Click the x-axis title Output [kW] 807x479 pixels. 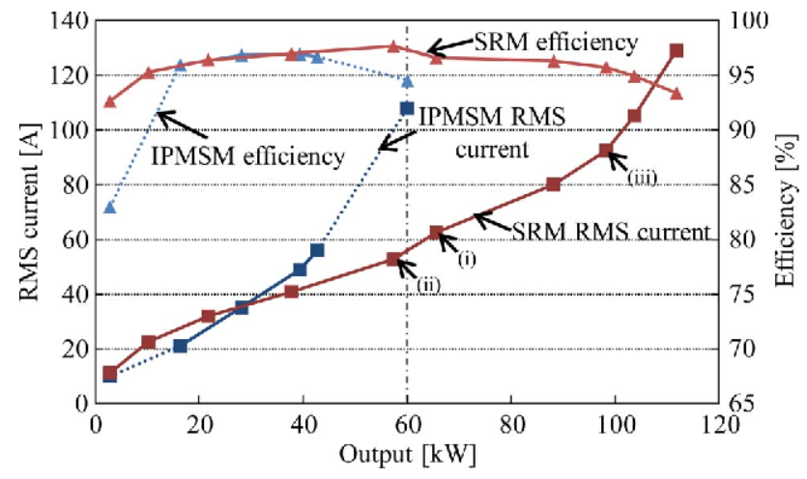406,452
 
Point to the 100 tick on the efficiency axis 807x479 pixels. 741,20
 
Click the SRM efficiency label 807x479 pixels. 556,42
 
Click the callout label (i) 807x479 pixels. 468,260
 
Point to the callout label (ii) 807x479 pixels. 430,284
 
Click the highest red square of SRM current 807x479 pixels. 677,51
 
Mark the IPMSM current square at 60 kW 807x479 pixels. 407,109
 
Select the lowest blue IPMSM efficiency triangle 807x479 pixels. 110,208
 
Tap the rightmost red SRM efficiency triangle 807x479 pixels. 677,94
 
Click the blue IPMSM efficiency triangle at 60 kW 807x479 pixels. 407,81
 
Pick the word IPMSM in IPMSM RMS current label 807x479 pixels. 461,115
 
